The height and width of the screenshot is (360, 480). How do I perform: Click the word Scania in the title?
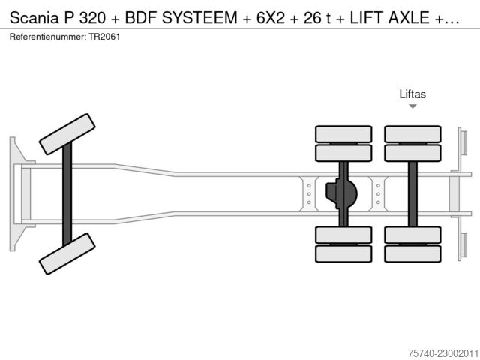34,18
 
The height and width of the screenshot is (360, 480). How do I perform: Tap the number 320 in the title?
92,18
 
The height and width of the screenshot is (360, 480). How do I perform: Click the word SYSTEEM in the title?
199,18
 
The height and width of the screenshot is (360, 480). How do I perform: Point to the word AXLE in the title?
409,18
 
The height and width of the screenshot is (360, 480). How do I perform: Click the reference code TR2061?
104,37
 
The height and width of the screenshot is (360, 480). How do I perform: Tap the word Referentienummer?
48,37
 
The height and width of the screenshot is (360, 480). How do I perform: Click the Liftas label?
412,94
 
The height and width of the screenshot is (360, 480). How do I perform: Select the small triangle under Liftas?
412,106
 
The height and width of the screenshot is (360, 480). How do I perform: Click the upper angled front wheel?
67,134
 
